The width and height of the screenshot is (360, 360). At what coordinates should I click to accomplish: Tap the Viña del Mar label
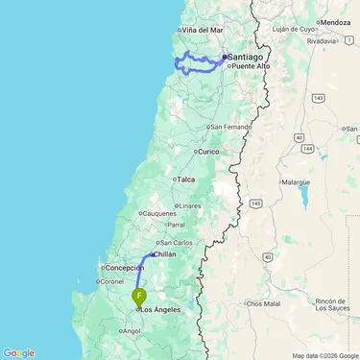(x=202, y=31)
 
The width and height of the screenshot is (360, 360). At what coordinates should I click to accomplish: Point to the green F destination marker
(x=140, y=297)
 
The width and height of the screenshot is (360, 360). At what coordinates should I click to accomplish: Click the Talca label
(x=186, y=180)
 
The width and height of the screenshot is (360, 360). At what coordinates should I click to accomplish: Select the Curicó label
(x=209, y=151)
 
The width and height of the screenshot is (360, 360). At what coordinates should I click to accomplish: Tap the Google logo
(x=19, y=352)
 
